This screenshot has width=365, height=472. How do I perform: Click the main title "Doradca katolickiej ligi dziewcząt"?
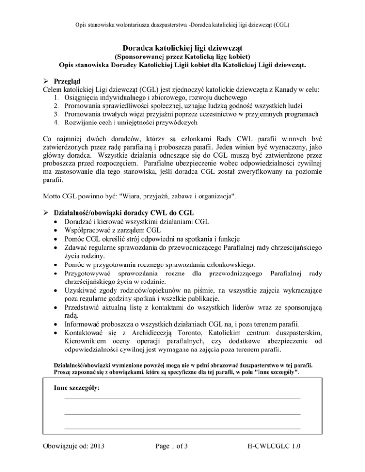[x=182, y=47]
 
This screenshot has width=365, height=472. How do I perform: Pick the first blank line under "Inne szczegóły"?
[x=182, y=399]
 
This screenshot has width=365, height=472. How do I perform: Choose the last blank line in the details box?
[x=182, y=428]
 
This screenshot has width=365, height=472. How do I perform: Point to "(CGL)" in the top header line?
[x=281, y=23]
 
